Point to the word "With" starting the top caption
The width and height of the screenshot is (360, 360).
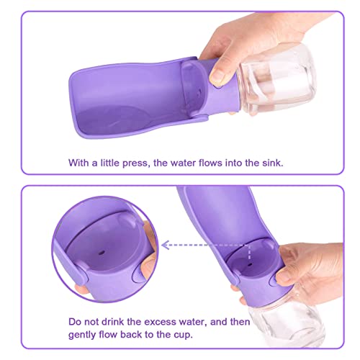pos(80,163)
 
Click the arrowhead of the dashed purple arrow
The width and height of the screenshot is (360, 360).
pos(164,245)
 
